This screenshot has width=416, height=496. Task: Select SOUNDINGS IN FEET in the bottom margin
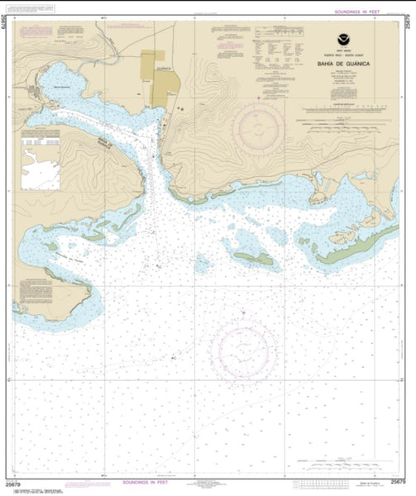tap(151, 481)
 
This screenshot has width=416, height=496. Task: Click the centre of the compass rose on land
tap(258, 125)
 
